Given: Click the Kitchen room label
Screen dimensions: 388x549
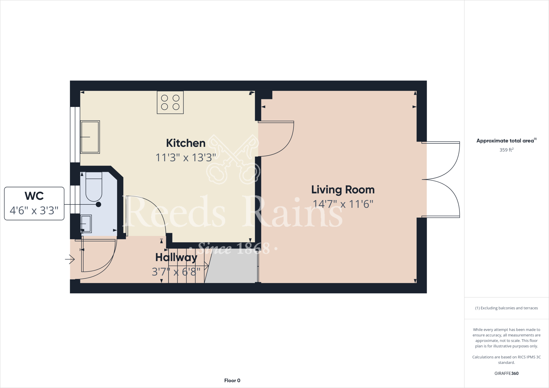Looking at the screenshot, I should pyautogui.click(x=186, y=143).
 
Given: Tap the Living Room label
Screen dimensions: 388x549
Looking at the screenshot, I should pyautogui.click(x=343, y=190).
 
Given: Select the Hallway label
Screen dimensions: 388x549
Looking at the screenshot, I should pyautogui.click(x=176, y=258).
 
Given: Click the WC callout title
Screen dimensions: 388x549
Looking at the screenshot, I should pyautogui.click(x=34, y=196).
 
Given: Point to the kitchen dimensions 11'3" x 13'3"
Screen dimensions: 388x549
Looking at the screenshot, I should pyautogui.click(x=186, y=158).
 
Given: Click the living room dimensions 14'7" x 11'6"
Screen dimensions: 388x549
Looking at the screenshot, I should pyautogui.click(x=343, y=204).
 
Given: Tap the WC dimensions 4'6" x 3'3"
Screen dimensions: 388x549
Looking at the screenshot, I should pyautogui.click(x=34, y=211).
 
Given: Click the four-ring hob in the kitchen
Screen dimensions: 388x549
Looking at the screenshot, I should pyautogui.click(x=170, y=102).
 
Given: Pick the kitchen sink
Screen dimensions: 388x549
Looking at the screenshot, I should pyautogui.click(x=90, y=137).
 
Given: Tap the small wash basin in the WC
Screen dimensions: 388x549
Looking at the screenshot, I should pyautogui.click(x=86, y=223).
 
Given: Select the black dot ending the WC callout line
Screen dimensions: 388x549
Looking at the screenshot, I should pyautogui.click(x=98, y=204).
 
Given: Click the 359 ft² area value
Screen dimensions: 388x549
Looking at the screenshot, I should pyautogui.click(x=506, y=150).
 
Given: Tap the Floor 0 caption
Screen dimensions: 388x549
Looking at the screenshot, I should pyautogui.click(x=232, y=380).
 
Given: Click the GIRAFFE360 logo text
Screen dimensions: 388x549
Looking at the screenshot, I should pyautogui.click(x=506, y=373).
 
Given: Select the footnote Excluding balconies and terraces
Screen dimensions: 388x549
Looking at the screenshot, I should pyautogui.click(x=506, y=308).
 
